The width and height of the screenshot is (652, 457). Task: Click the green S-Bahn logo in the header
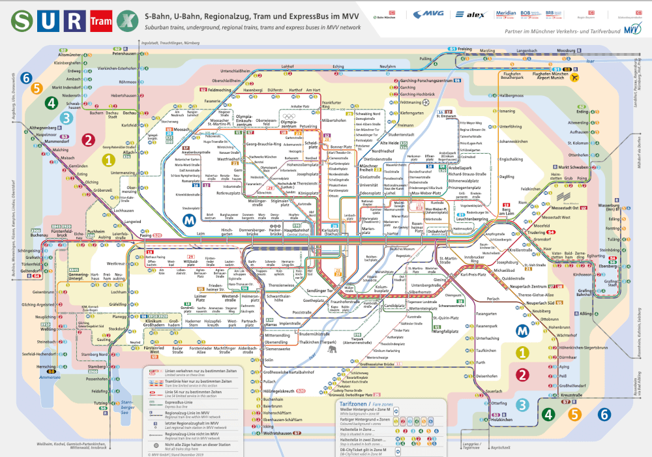(23, 21)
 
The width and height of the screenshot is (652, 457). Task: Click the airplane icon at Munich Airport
(574, 76)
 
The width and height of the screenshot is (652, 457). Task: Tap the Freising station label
(464, 49)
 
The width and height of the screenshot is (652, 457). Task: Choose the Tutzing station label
(100, 403)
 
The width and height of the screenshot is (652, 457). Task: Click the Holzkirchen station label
(503, 419)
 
